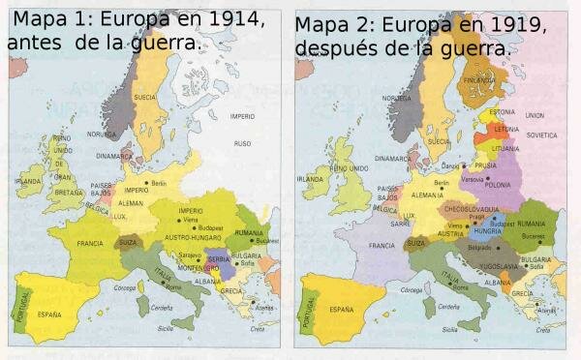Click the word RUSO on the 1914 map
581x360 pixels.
pos(242,142)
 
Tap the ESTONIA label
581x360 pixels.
pos(504,112)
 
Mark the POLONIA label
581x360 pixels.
pos(498,185)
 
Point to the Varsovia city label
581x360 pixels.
pos(473,179)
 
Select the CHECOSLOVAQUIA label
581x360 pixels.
pos(470,207)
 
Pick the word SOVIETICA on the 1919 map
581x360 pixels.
pos(542,135)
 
